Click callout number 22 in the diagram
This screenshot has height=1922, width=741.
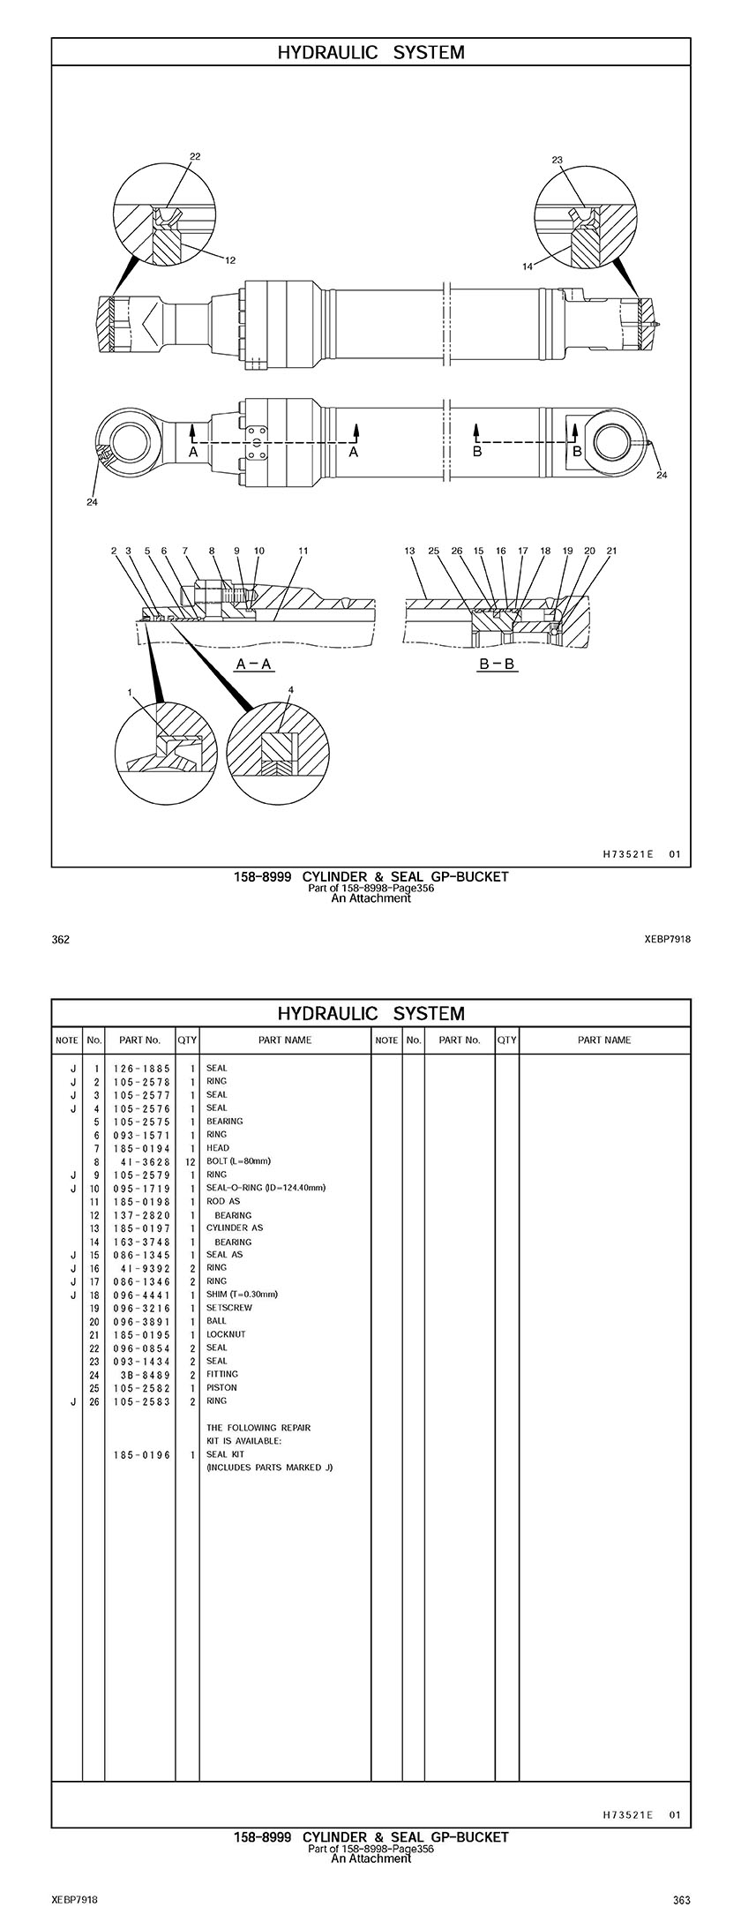195,156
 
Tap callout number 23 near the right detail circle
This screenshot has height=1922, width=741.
557,160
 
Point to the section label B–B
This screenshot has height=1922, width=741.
497,664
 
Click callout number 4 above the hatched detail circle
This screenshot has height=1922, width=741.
290,689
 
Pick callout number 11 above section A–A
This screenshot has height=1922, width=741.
303,551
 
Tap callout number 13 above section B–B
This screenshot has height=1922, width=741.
409,551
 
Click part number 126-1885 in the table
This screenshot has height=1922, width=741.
141,1068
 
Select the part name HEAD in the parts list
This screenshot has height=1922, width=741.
218,1148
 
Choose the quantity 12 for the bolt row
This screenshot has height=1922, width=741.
189,1161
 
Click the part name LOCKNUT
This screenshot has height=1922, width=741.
226,1334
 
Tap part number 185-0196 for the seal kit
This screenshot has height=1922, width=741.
141,1454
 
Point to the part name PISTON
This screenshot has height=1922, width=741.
221,1387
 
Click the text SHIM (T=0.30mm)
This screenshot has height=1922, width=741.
242,1295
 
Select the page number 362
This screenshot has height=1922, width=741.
61,940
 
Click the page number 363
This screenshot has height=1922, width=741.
681,1900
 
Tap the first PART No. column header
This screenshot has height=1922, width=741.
139,1040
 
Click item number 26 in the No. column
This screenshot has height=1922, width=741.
94,1400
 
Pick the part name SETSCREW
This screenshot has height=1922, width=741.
228,1308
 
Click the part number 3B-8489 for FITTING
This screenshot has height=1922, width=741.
145,1374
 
